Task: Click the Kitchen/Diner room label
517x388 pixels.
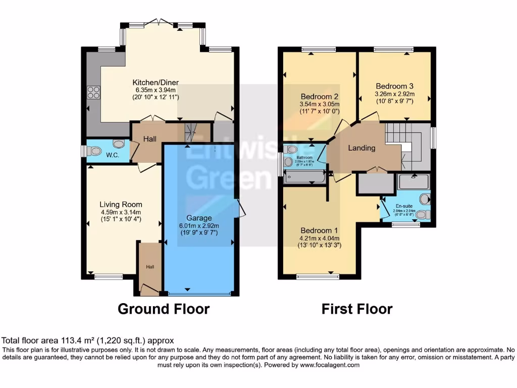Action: pyautogui.click(x=156, y=82)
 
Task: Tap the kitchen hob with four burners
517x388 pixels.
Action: pyautogui.click(x=93, y=92)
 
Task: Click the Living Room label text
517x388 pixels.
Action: pyautogui.click(x=121, y=205)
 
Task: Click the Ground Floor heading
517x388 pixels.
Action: pyautogui.click(x=164, y=309)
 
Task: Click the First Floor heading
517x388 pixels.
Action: pyautogui.click(x=357, y=309)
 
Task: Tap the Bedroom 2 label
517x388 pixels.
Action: pyautogui.click(x=319, y=96)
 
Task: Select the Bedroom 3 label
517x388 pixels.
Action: pyautogui.click(x=394, y=85)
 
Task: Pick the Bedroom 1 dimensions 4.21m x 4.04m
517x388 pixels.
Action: pyautogui.click(x=319, y=238)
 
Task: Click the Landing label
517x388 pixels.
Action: pyautogui.click(x=362, y=148)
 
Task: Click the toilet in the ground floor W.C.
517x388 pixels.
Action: pyautogui.click(x=94, y=151)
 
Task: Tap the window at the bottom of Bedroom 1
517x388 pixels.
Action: pyautogui.click(x=318, y=277)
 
